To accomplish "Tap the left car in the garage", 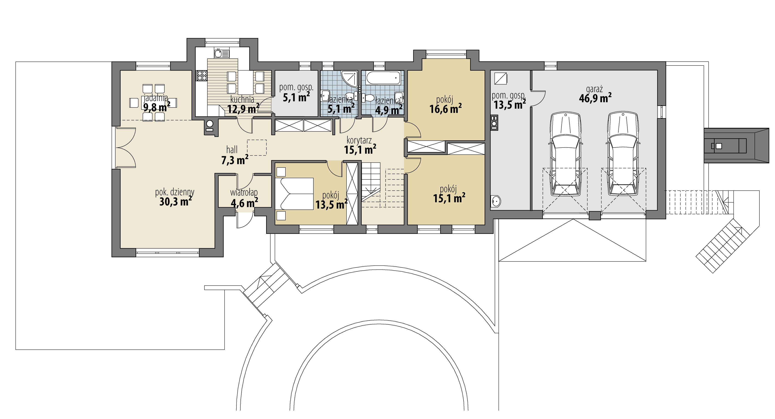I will [x=565, y=153].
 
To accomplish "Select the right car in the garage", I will [x=622, y=153].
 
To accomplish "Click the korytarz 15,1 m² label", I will [x=360, y=145].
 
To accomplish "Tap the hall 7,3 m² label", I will [x=234, y=155].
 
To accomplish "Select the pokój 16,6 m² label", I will [x=445, y=105].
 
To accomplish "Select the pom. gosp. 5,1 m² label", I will [x=296, y=93].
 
